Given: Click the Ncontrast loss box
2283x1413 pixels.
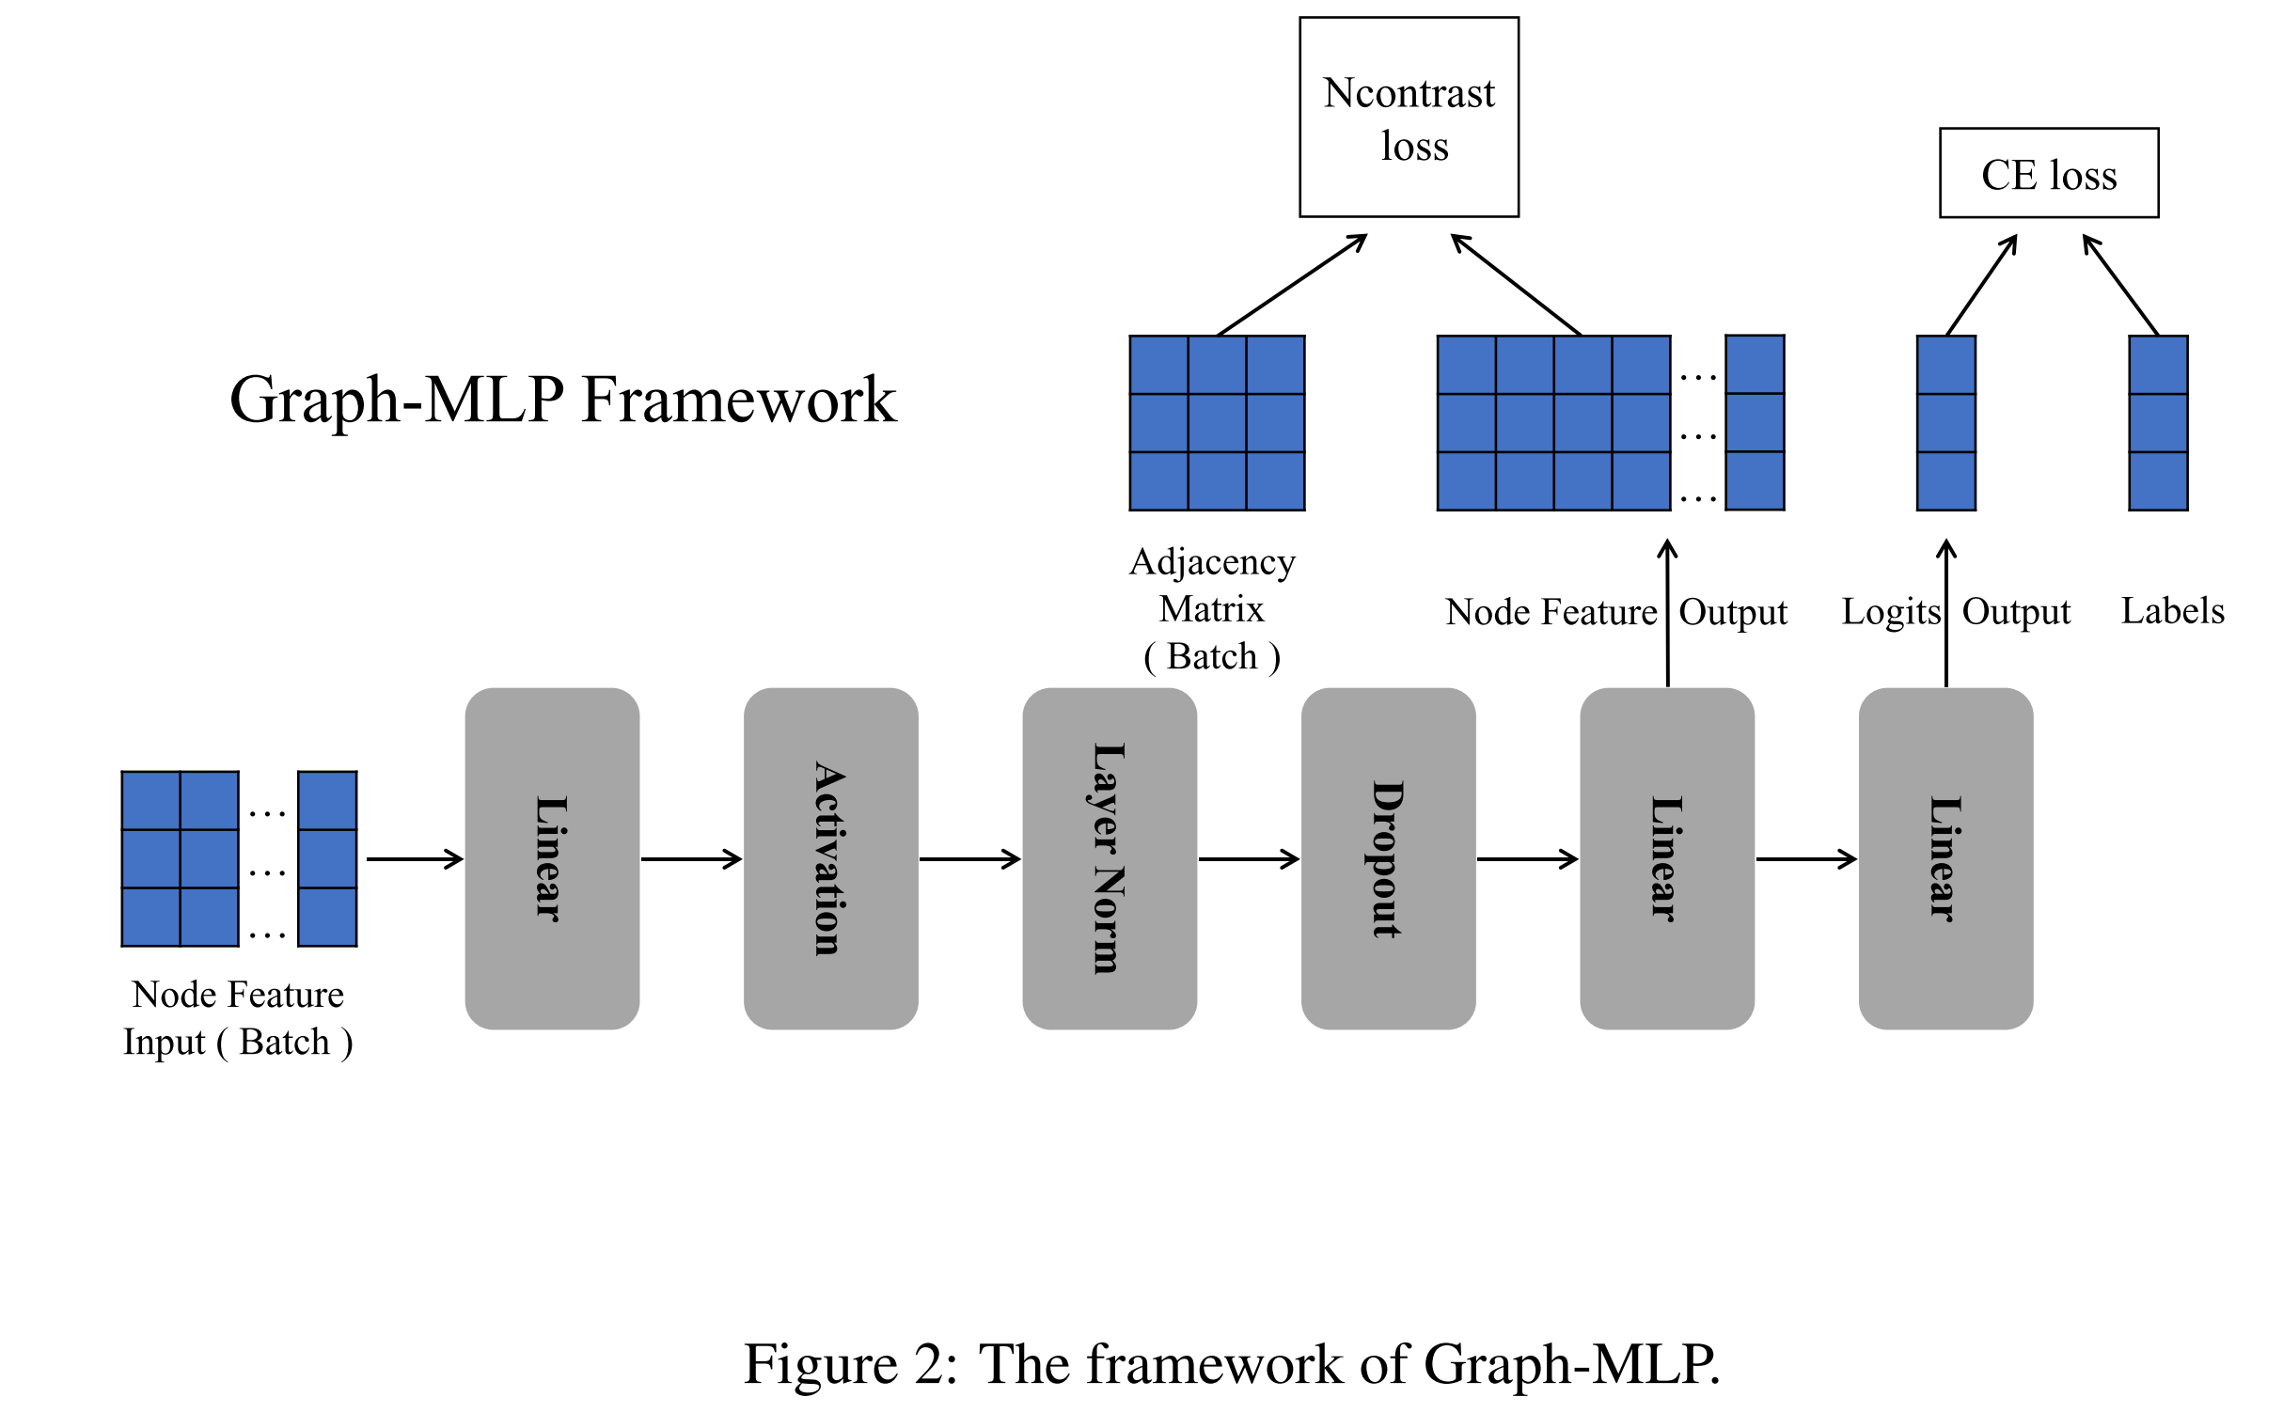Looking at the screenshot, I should (x=1409, y=118).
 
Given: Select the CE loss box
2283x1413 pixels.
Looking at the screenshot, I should (x=2048, y=174).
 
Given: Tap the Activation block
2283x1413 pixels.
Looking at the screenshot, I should (x=830, y=858).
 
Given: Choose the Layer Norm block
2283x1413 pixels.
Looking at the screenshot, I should (x=1109, y=858).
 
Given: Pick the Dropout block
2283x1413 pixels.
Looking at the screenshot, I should (x=1388, y=858).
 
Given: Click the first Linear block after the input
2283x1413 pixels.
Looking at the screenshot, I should (x=552, y=858).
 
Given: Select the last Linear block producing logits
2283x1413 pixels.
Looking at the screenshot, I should (x=1945, y=858).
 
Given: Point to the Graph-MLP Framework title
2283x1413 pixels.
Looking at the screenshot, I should (x=562, y=400).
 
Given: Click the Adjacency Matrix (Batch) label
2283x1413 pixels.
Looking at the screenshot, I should (x=1212, y=609).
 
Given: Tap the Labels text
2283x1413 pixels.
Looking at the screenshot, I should (x=2172, y=611).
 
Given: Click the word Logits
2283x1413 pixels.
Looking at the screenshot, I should (x=1890, y=612).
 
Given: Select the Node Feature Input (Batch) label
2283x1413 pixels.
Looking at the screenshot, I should (x=238, y=1018).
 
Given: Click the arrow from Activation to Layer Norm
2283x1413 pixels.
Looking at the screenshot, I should (x=969, y=858).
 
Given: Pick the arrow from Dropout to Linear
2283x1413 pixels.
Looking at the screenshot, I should (x=1527, y=858).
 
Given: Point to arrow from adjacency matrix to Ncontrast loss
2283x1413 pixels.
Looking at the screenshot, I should (x=1292, y=285).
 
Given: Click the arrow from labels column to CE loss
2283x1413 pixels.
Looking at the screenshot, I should (x=2121, y=285).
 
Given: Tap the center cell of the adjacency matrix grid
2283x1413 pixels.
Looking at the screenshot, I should (x=1217, y=423).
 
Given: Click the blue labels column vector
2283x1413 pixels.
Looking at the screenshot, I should (x=2158, y=423).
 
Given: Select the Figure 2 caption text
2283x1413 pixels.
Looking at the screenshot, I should (x=1232, y=1364).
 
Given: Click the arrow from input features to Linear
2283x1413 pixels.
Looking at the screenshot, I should (x=414, y=858).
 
